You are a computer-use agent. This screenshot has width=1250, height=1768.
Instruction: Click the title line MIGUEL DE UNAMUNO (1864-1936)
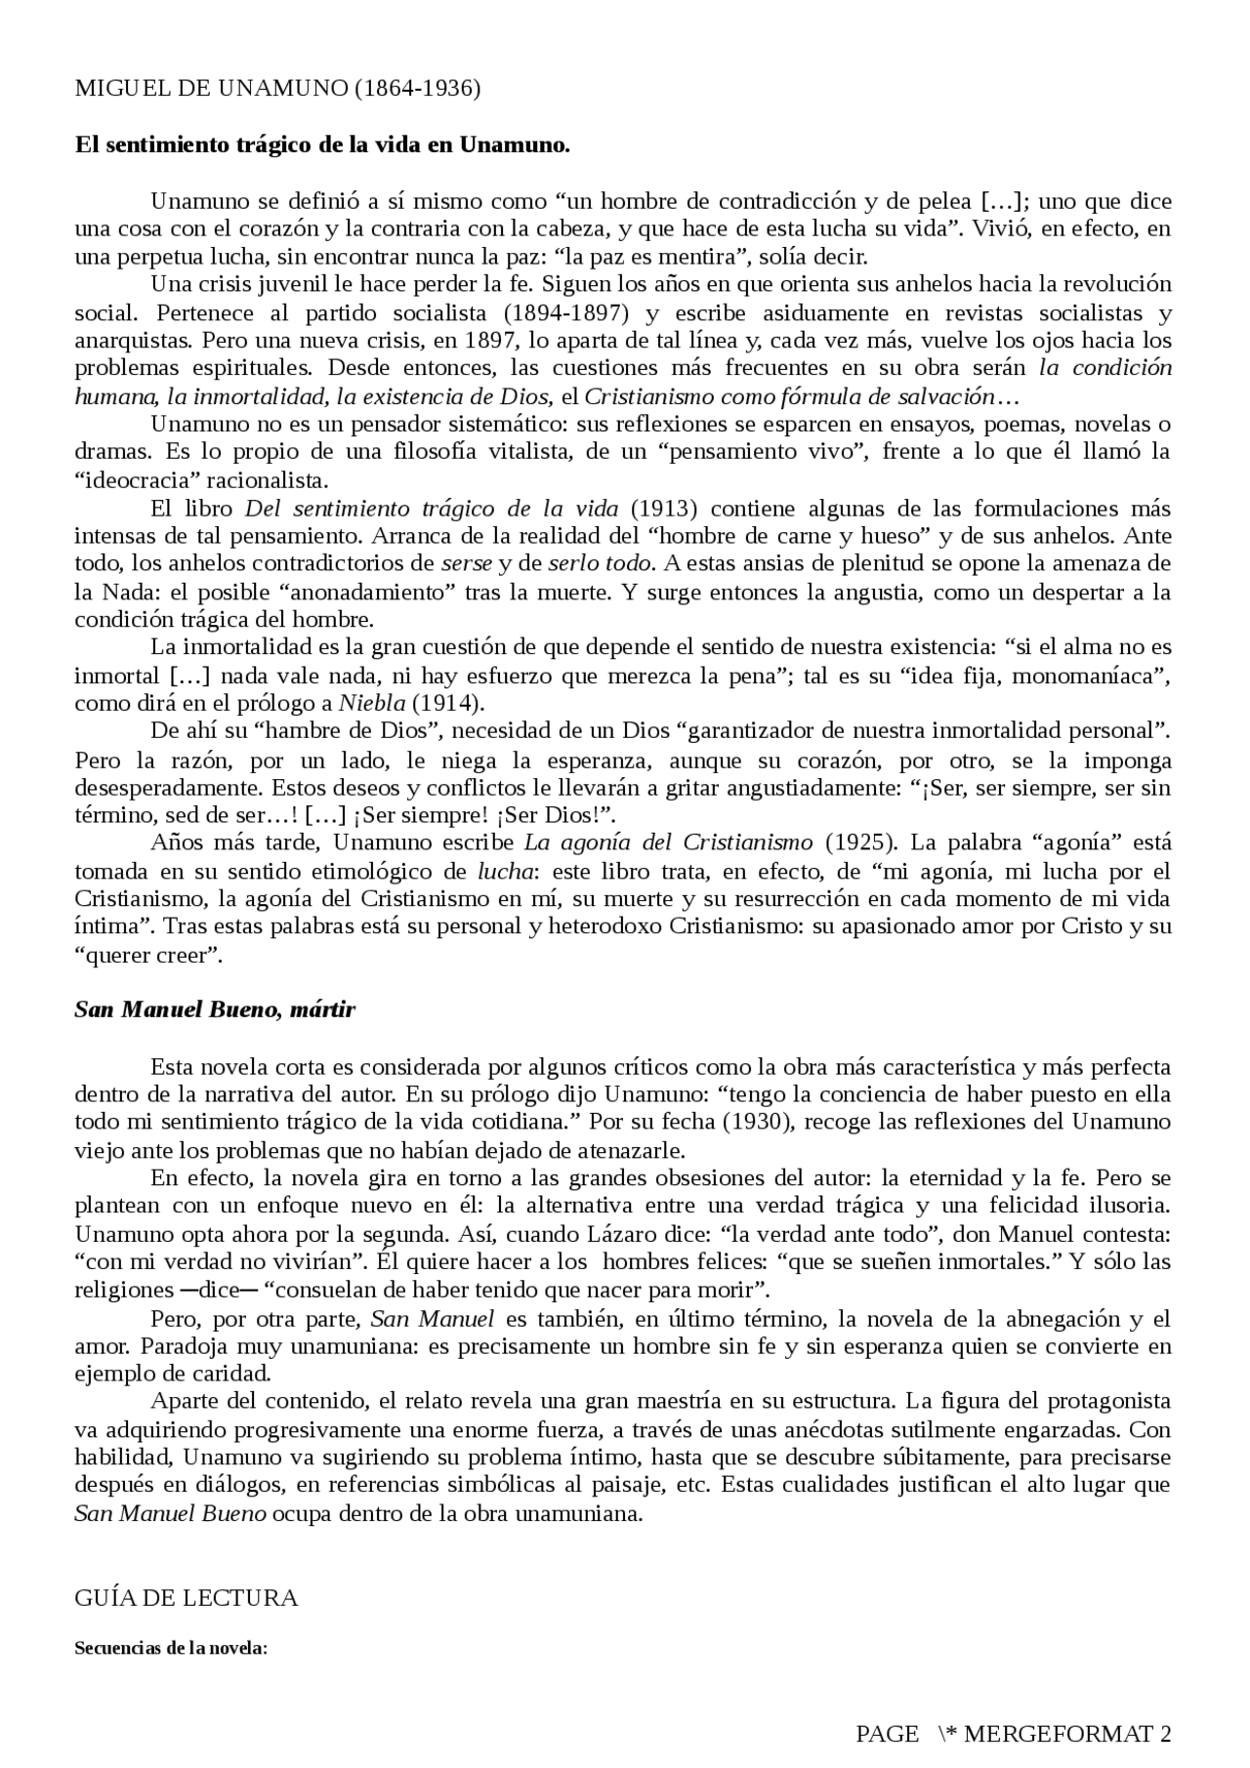point(277,89)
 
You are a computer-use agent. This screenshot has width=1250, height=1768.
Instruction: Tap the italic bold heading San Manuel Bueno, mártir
point(215,1009)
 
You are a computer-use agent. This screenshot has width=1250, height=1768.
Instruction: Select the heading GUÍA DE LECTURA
point(187,1598)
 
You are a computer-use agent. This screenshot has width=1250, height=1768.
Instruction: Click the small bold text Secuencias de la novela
point(171,1648)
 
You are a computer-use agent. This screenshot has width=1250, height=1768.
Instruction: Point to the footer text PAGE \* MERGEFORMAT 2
point(1013,1733)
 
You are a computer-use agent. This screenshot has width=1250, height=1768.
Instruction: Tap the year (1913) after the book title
point(663,509)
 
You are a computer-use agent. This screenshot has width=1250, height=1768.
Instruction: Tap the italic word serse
point(466,563)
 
